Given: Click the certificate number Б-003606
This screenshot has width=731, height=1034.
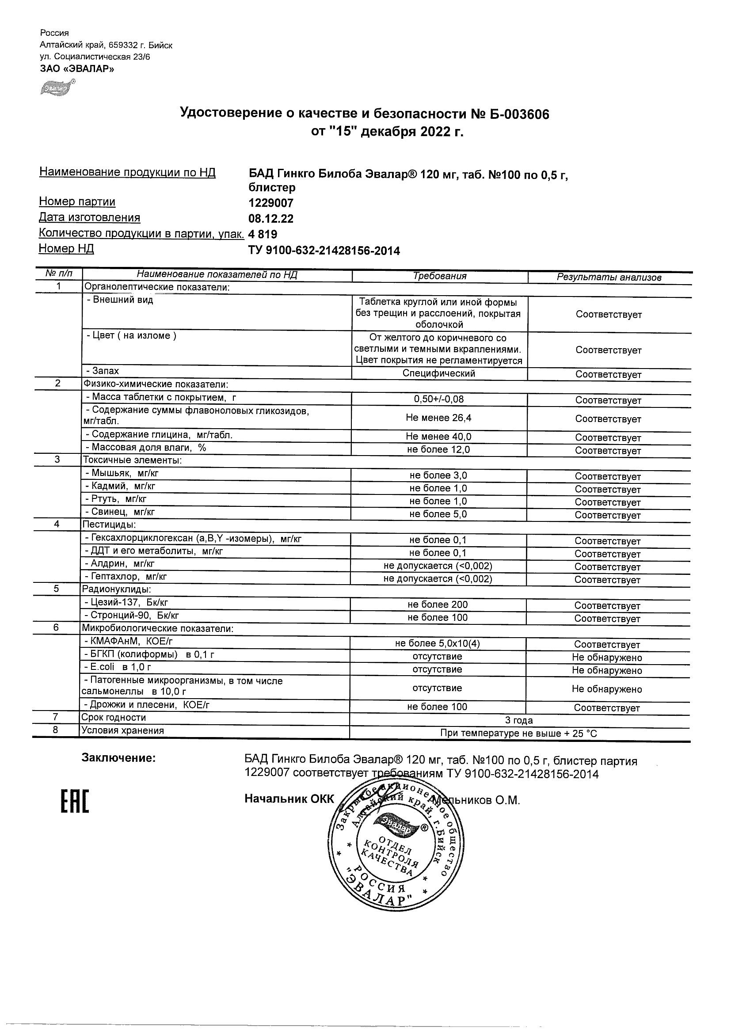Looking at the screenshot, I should pyautogui.click(x=519, y=114).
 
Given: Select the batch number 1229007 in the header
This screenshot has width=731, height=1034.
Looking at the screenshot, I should pyautogui.click(x=270, y=203).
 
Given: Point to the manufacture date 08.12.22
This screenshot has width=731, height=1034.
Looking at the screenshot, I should pyautogui.click(x=270, y=219).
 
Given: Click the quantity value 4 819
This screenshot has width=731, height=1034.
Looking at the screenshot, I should pyautogui.click(x=263, y=234).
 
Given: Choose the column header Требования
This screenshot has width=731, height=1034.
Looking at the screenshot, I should pyautogui.click(x=440, y=276).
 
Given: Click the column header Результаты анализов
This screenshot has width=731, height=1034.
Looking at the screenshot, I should pyautogui.click(x=609, y=278).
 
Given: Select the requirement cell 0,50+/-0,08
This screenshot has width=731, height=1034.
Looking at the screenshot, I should pyautogui.click(x=439, y=399).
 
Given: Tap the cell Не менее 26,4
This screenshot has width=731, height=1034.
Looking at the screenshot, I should pyautogui.click(x=439, y=418).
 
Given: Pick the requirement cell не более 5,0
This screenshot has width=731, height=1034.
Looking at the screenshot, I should pyautogui.click(x=438, y=514).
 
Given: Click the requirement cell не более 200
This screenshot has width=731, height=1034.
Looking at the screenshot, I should pyautogui.click(x=438, y=604).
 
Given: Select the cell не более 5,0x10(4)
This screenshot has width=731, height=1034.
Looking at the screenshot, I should pyautogui.click(x=438, y=643).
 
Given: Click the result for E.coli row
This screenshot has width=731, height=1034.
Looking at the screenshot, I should pyautogui.click(x=607, y=670).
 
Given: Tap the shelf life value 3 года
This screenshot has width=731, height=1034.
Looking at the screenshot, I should pyautogui.click(x=519, y=720).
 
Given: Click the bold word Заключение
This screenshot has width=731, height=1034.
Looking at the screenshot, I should pyautogui.click(x=118, y=758).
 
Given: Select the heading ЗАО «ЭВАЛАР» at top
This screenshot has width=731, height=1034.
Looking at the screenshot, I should pyautogui.click(x=77, y=69).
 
